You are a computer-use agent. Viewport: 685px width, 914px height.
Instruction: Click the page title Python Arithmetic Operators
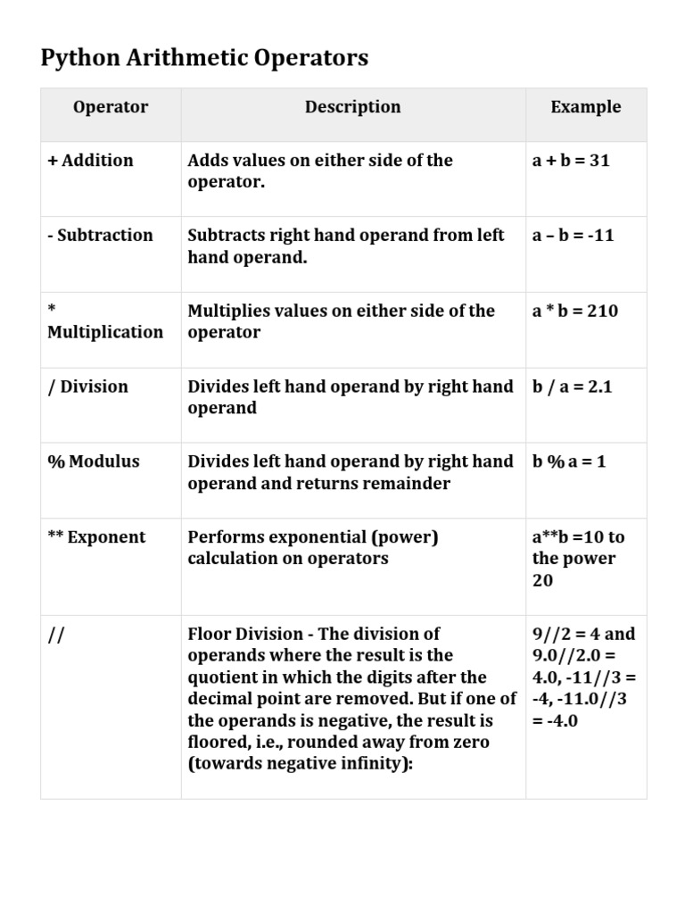tap(204, 59)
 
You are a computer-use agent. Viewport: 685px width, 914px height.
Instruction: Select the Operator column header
tap(111, 107)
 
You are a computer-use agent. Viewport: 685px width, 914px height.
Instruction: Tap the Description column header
tap(353, 107)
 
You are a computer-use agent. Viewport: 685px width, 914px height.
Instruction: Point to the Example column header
tap(586, 107)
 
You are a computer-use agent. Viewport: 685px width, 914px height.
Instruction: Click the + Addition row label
tap(91, 161)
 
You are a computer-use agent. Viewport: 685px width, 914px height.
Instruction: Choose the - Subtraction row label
tap(100, 236)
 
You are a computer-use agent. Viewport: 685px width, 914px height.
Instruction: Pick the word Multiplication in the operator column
tap(105, 332)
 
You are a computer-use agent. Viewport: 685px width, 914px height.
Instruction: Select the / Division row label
tap(87, 386)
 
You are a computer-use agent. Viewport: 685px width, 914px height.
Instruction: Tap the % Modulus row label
tap(94, 461)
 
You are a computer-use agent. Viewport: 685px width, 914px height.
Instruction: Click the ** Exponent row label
tap(96, 537)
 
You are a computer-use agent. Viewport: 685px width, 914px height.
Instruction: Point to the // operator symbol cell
tap(56, 635)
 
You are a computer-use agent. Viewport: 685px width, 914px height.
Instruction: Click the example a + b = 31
tap(571, 161)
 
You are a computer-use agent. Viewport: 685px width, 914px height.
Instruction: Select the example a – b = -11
tap(573, 236)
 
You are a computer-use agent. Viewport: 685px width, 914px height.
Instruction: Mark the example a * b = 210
tap(575, 311)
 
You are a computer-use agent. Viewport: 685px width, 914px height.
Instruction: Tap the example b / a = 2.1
tap(573, 386)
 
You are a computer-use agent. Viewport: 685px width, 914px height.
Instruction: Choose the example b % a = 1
tap(569, 461)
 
